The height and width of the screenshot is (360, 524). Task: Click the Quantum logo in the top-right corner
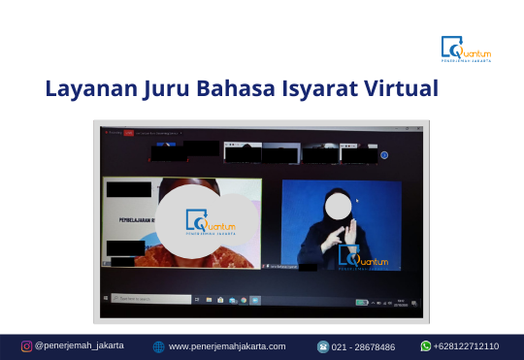pos(466,49)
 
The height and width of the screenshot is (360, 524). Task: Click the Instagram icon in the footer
pos(26,346)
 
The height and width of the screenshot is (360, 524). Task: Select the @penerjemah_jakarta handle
pos(79,346)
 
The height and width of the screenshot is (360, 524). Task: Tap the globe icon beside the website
pos(158,346)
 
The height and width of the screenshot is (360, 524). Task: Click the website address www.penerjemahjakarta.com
pos(227,346)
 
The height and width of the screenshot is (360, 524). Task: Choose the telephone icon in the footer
pos(323,346)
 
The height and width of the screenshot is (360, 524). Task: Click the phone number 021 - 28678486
pos(364,346)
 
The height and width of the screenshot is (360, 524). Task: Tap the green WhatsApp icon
pos(425,346)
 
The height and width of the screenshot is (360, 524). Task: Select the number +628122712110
pos(466,346)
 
